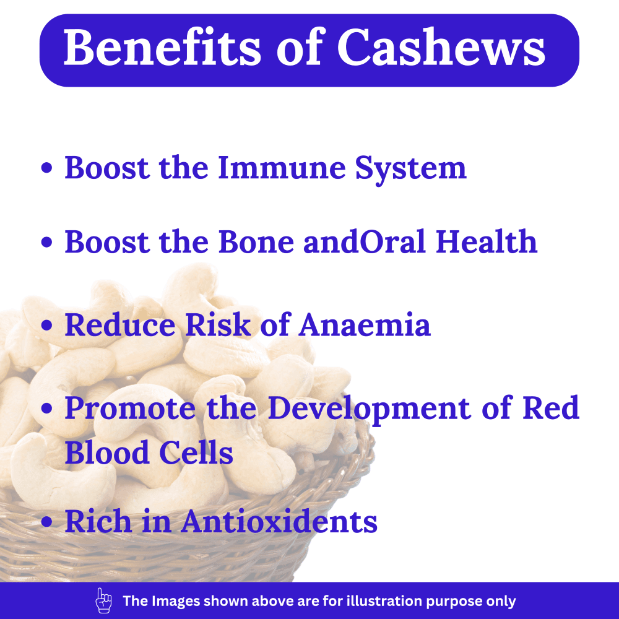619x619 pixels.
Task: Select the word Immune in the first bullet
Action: tap(282, 168)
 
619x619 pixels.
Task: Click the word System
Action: tap(411, 170)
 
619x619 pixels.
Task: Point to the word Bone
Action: tap(256, 241)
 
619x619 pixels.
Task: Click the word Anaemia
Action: tap(365, 324)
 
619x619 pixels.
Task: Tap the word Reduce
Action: tap(120, 324)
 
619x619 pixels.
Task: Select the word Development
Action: tap(370, 409)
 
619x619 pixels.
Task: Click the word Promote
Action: tap(130, 408)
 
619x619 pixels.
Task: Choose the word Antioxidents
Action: tap(279, 521)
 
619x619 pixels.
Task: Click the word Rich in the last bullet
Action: tap(98, 521)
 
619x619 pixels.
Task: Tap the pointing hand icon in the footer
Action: tap(103, 600)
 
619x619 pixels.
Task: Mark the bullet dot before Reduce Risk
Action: tap(46, 326)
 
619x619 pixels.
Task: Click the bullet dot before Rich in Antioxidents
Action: tap(46, 521)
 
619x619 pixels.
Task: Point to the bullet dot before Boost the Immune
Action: tap(46, 168)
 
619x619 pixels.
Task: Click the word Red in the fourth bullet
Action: tap(551, 408)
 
